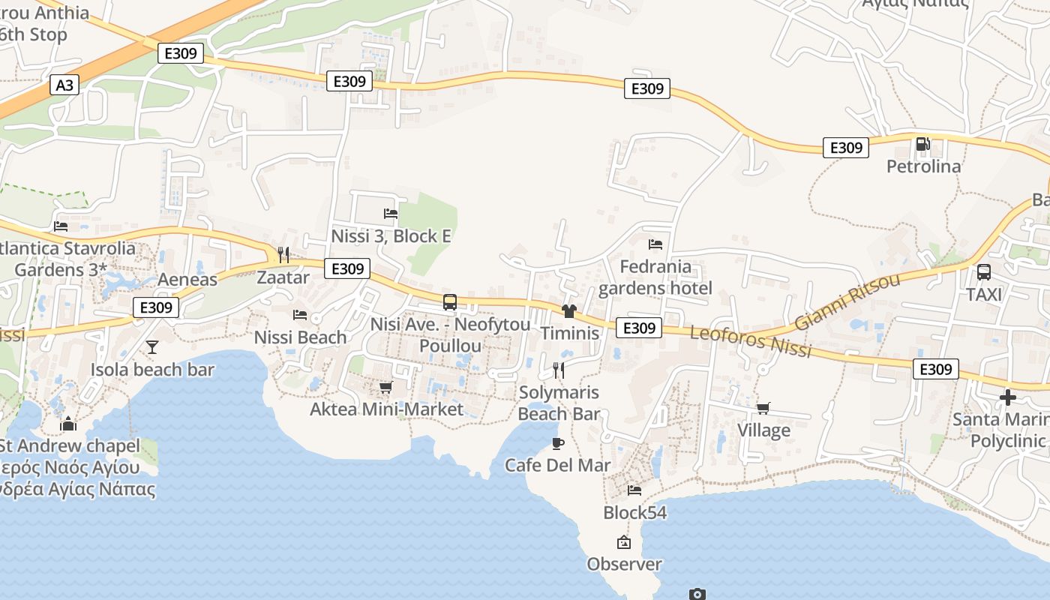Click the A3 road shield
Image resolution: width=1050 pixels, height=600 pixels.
[x=64, y=85]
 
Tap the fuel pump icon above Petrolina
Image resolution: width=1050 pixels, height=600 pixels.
[x=923, y=143]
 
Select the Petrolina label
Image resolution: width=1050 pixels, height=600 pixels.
[x=923, y=166]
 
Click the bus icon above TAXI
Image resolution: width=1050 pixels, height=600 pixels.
[x=984, y=272]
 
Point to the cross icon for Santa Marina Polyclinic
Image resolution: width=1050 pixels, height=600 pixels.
[x=1007, y=397]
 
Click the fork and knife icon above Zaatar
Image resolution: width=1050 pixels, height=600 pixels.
[x=283, y=254]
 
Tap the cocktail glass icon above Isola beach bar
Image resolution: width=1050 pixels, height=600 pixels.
[x=152, y=346]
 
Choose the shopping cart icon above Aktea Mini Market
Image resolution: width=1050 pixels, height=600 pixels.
[x=386, y=387]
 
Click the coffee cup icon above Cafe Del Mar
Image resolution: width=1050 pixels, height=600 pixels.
[x=558, y=443]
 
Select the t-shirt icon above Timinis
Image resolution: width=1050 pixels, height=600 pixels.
[x=568, y=310]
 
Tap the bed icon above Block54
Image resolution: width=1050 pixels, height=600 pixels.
[x=634, y=490]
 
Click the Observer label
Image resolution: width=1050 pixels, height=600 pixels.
[x=624, y=564]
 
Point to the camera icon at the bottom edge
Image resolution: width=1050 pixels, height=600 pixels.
[x=697, y=594]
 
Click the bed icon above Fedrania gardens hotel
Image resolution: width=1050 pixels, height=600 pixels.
[x=655, y=244]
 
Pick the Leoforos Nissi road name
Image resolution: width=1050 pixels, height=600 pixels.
[x=750, y=342]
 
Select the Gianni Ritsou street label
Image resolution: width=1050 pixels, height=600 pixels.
[x=847, y=302]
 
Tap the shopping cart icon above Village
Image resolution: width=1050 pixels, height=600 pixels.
[x=763, y=408]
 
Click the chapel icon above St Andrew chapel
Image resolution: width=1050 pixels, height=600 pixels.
[x=68, y=424]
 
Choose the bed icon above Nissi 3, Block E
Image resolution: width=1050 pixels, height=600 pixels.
[x=391, y=213]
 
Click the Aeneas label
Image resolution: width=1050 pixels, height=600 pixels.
[x=187, y=280]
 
